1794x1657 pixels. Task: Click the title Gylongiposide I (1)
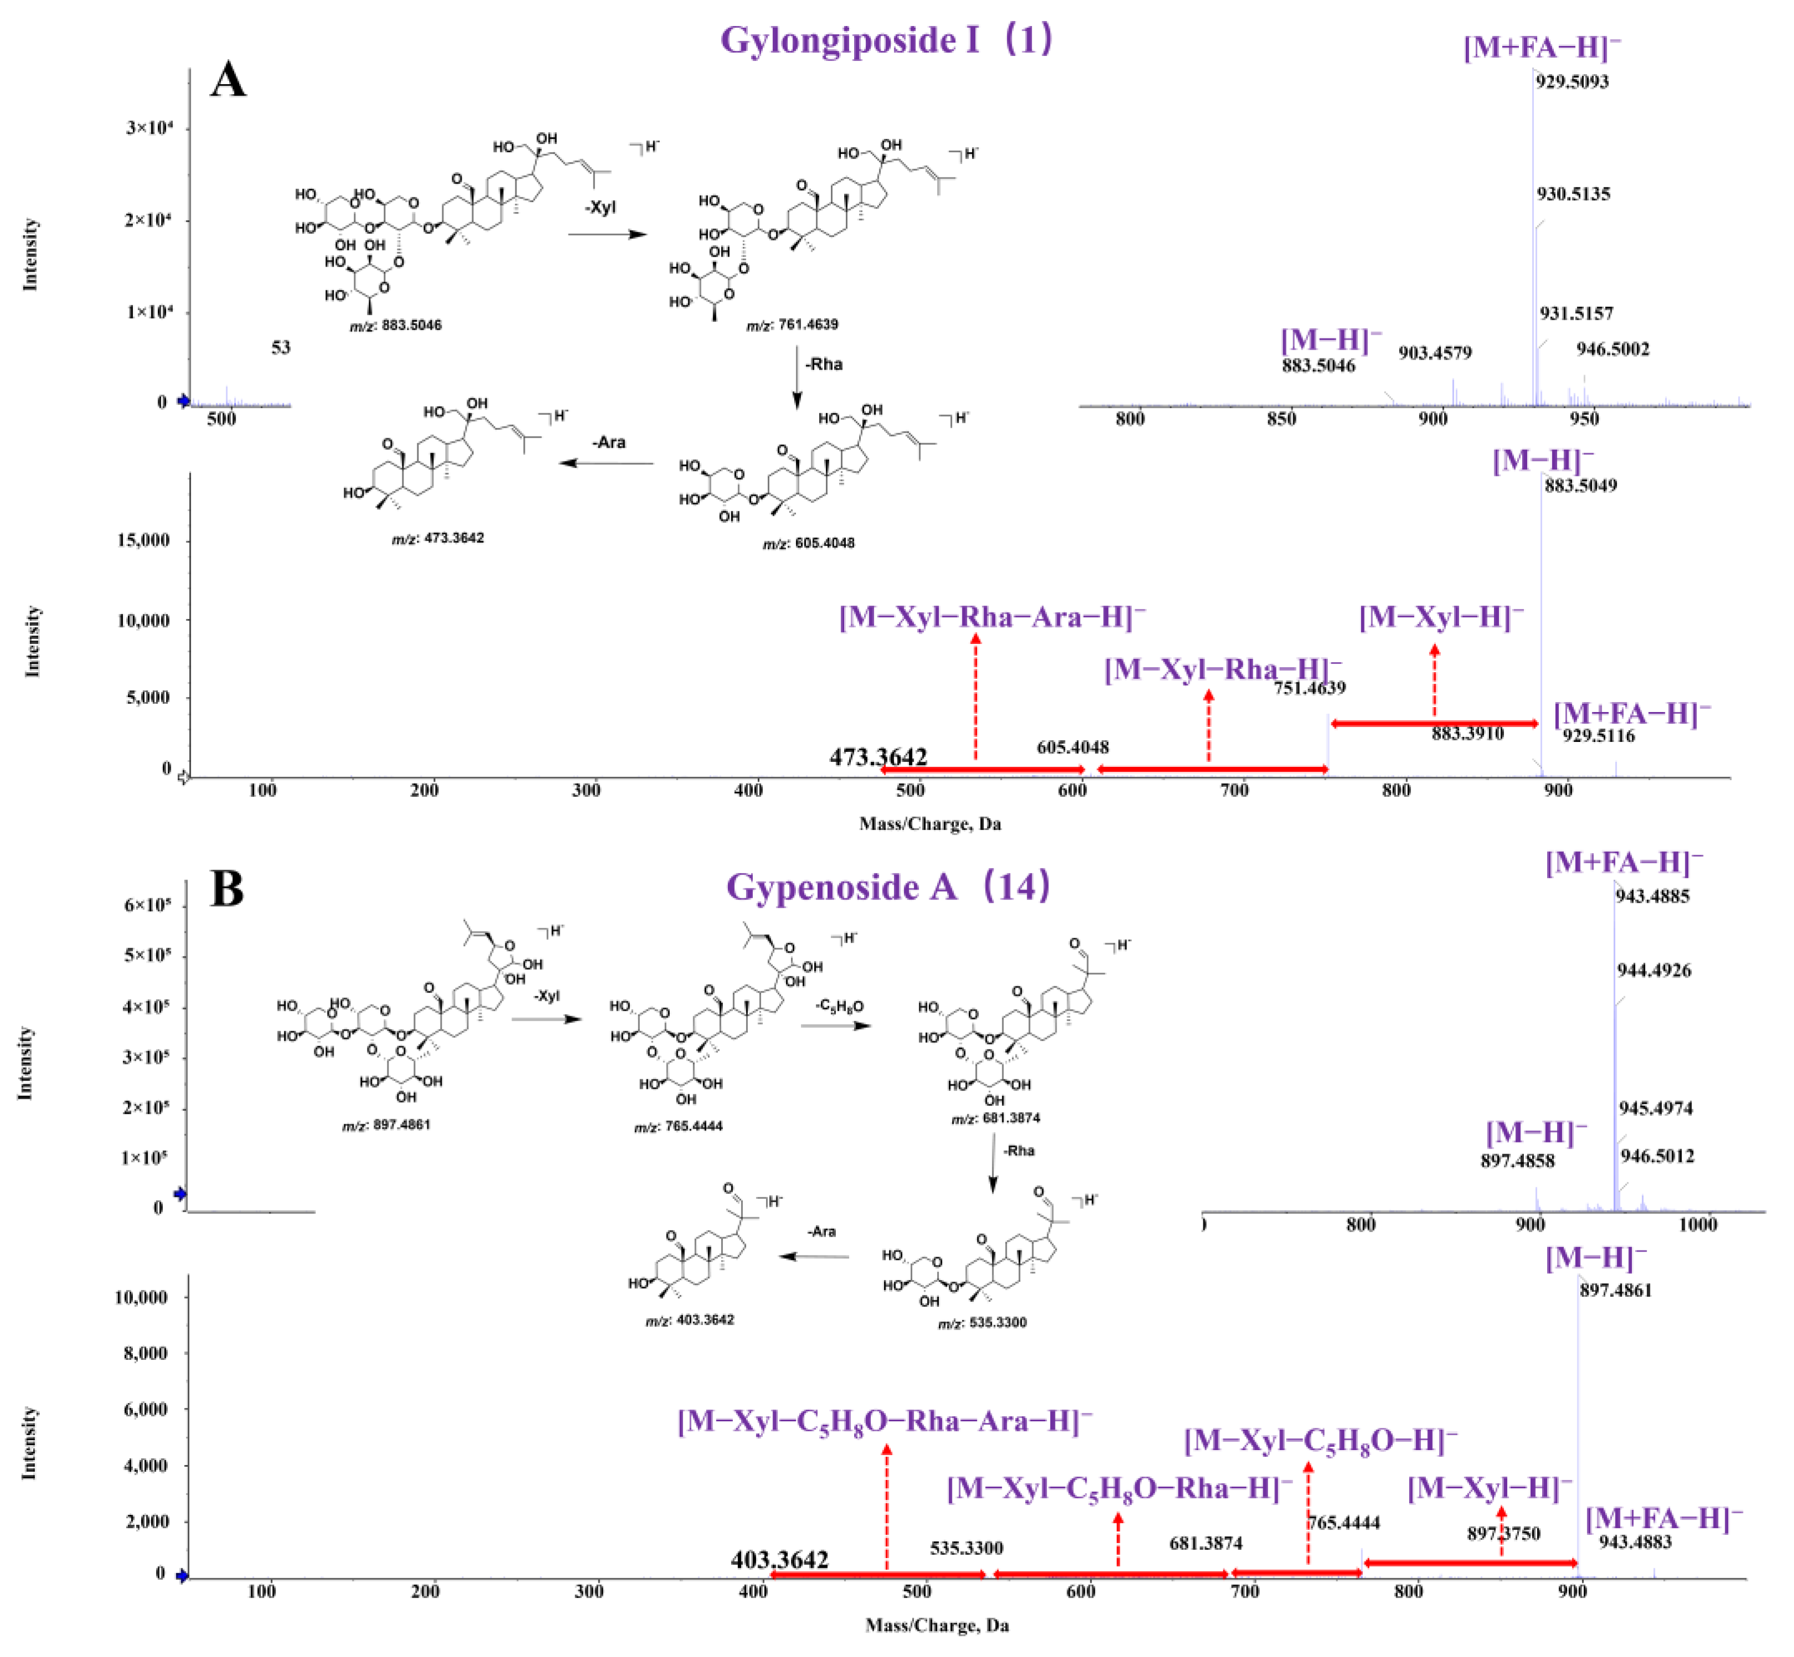[x=886, y=40]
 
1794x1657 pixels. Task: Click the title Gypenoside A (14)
[x=887, y=887]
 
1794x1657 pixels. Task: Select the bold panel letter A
[x=228, y=81]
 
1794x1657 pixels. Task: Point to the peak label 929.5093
[x=1571, y=81]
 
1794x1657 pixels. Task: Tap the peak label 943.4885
[x=1652, y=896]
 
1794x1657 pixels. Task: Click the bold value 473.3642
[x=877, y=757]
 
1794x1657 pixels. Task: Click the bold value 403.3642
[x=779, y=1559]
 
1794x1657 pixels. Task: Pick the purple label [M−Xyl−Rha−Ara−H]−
[x=992, y=618]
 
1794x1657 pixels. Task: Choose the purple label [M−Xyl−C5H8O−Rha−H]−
[x=1119, y=1488]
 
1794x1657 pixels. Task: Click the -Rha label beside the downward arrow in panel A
[x=824, y=364]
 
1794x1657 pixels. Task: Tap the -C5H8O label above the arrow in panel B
[x=839, y=1006]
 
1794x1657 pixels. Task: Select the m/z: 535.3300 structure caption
[x=982, y=1322]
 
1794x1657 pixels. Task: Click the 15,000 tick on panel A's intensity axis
[x=143, y=541]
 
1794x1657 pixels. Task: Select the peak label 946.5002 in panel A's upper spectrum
[x=1612, y=349]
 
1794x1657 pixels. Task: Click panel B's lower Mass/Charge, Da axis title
[x=937, y=1625]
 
